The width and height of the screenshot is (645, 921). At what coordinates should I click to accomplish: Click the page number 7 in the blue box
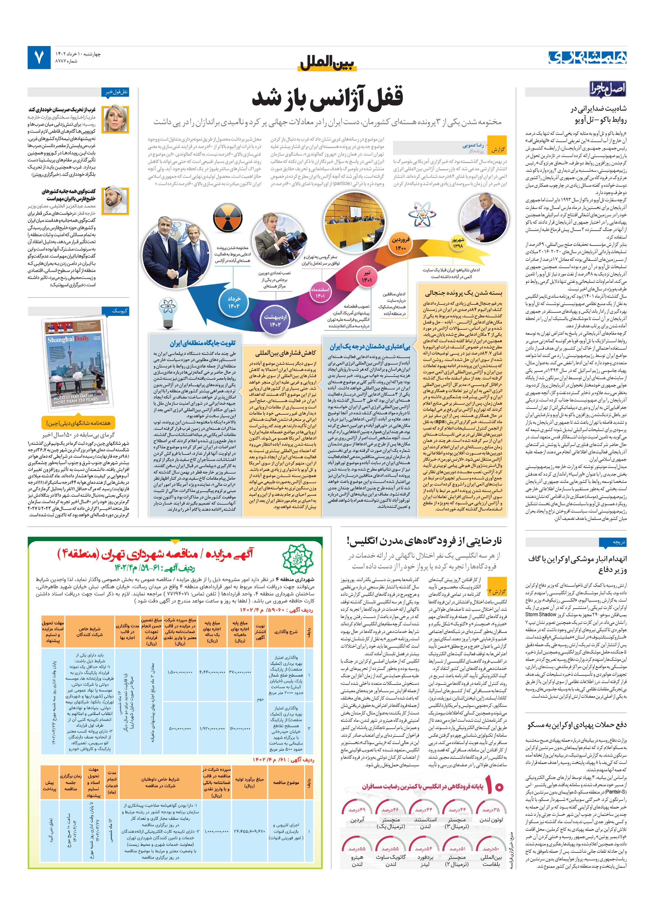[38, 57]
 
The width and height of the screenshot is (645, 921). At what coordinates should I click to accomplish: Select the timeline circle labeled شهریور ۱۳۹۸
[458, 243]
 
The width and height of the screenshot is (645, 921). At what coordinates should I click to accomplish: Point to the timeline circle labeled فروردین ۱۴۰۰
[400, 244]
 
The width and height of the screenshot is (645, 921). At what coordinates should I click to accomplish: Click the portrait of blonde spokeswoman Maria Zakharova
[116, 120]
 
